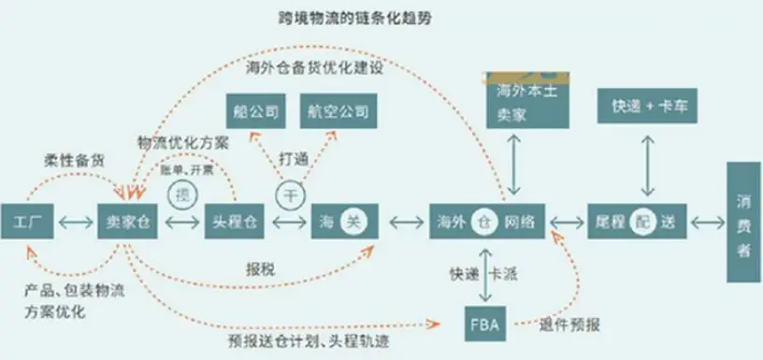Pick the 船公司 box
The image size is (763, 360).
[x=254, y=112]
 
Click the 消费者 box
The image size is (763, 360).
[x=744, y=222]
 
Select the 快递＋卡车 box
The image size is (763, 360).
[x=644, y=106]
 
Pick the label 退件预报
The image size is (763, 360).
[x=568, y=325]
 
